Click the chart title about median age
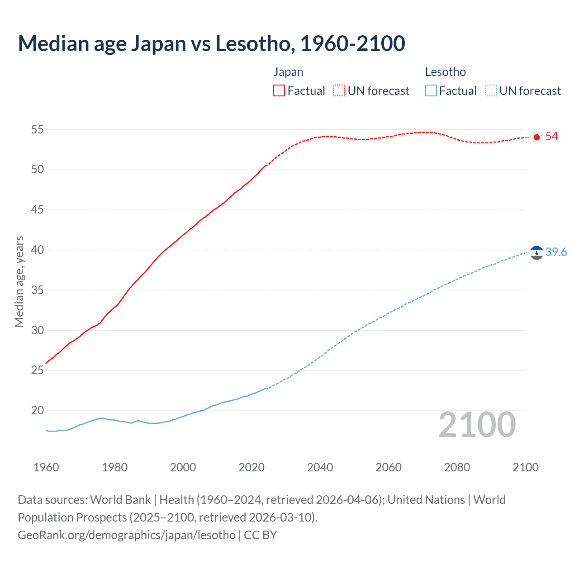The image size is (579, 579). pos(211,43)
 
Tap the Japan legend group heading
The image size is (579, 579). pos(288,72)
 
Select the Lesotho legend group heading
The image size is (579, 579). pos(445,72)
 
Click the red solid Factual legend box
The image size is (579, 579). pos(279,90)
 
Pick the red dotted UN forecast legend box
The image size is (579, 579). pos(339,90)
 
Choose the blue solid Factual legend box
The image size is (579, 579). pos(431,90)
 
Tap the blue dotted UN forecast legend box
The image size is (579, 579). pos(491,90)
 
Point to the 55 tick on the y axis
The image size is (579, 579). pos(37,129)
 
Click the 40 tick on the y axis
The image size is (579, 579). pos(37,250)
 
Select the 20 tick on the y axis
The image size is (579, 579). pos(37,410)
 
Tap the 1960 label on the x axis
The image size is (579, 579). pos(46,467)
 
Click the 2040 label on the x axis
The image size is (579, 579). pos(320,467)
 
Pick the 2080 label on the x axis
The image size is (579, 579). pos(457,467)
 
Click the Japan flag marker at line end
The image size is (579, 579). pos(536,137)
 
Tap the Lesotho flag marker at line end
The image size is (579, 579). pos(536,253)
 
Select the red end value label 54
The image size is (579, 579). pos(551,137)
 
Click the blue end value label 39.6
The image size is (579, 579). pos(556,252)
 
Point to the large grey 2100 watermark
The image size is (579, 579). pos(477,425)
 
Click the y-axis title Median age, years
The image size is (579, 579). pos(19,281)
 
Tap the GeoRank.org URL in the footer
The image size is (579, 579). pos(127,535)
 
